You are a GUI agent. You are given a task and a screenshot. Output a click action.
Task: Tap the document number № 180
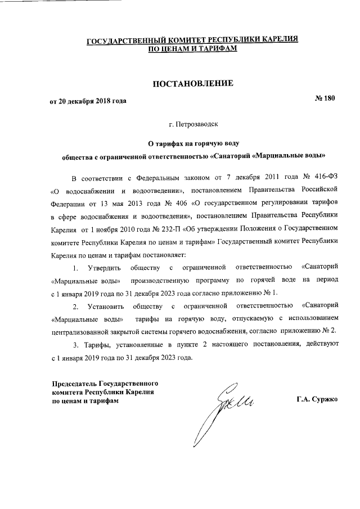pyautogui.click(x=324, y=99)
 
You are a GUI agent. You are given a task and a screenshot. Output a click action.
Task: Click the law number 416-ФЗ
pyautogui.click(x=325, y=178)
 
